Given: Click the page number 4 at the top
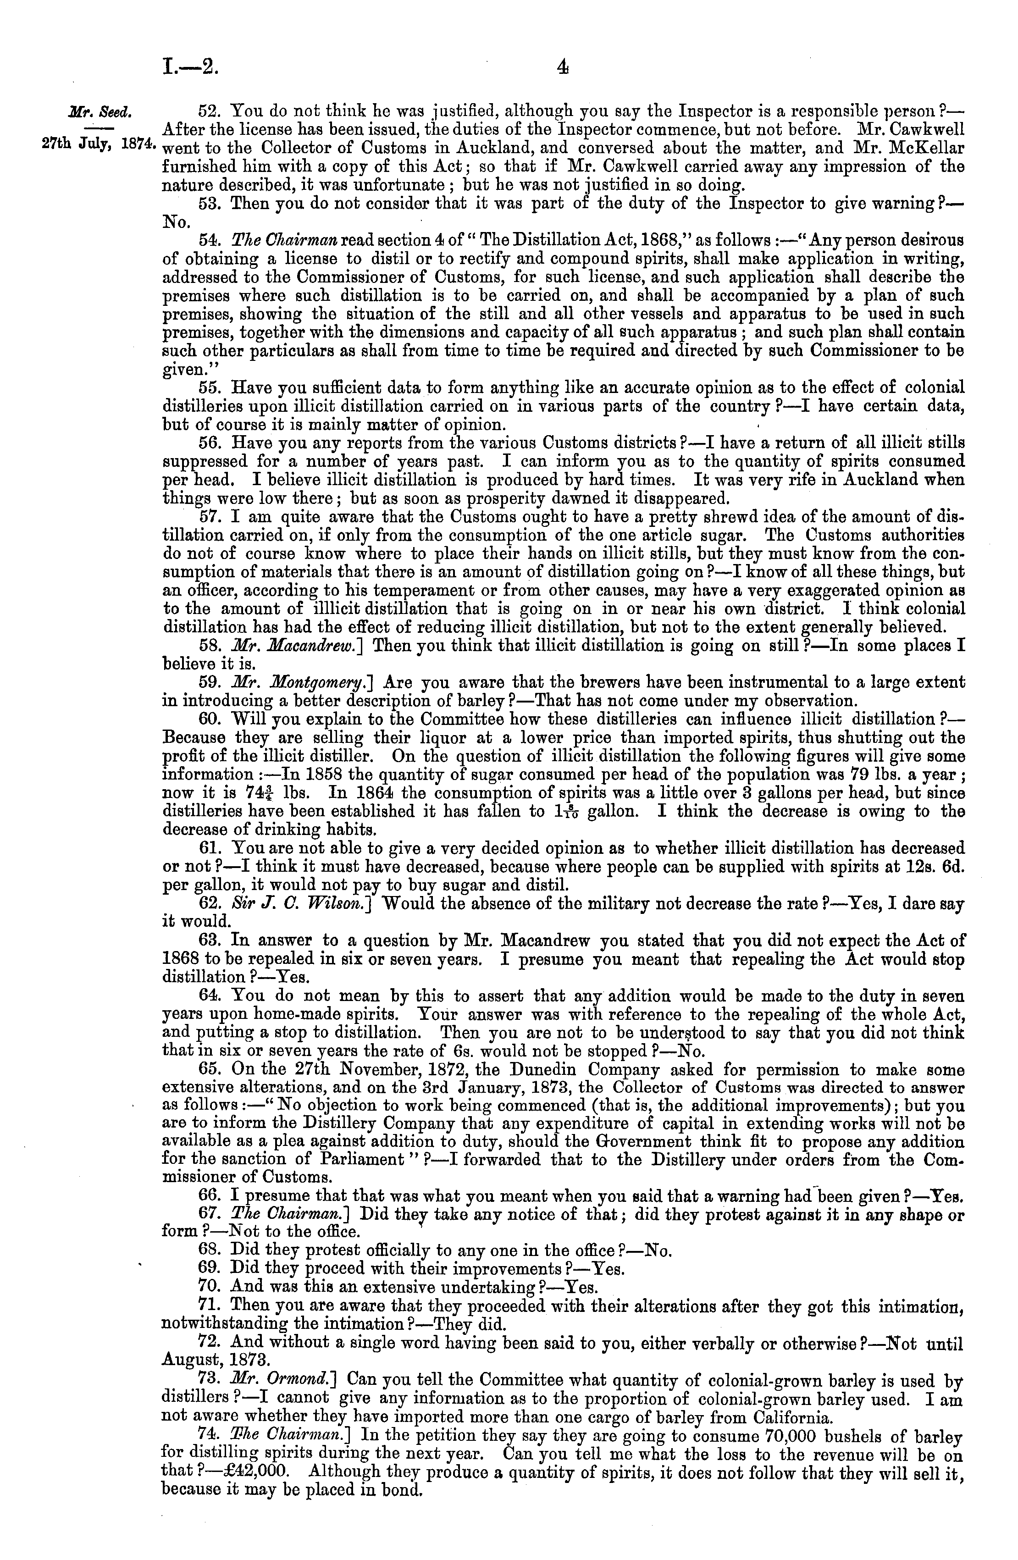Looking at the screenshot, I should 561,66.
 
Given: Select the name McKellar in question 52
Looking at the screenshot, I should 924,148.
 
